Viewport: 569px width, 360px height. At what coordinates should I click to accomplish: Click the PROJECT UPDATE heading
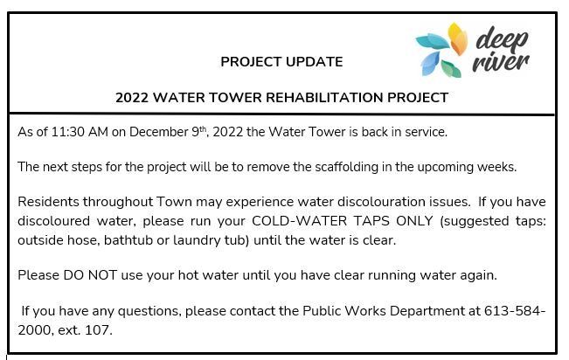click(x=281, y=62)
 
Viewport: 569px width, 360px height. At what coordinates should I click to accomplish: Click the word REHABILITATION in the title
click(x=324, y=98)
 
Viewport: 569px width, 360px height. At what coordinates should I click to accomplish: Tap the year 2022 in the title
click(x=132, y=98)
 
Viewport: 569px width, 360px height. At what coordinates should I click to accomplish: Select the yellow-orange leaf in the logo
click(x=458, y=38)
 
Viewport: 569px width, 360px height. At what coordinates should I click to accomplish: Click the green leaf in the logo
click(x=451, y=69)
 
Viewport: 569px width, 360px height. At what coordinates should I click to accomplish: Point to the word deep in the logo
click(x=501, y=39)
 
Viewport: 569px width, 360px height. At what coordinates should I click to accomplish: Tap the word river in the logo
click(x=501, y=62)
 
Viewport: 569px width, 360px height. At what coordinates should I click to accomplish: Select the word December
click(x=158, y=132)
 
